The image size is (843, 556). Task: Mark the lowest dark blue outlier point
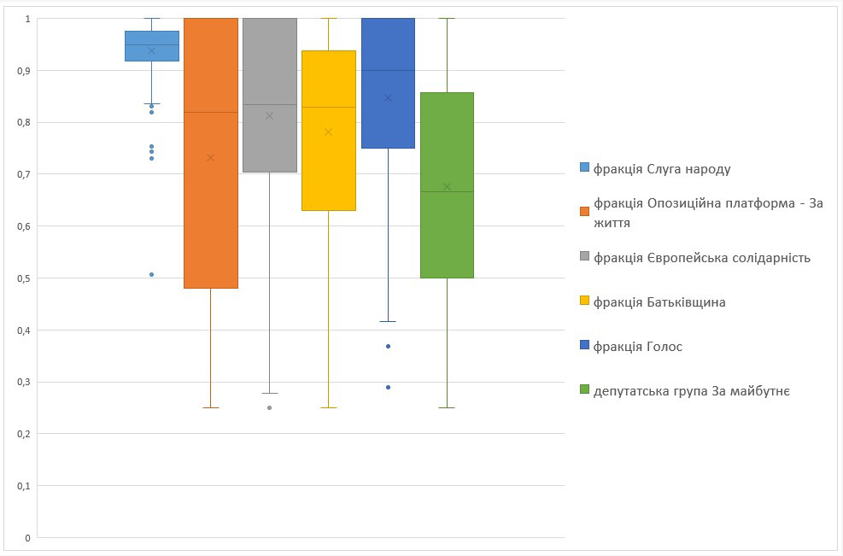coord(388,387)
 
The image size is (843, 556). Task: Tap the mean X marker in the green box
coord(447,187)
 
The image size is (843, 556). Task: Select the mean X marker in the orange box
coord(211,157)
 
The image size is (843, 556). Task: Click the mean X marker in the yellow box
coord(329,132)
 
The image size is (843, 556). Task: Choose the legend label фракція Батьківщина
coord(659,302)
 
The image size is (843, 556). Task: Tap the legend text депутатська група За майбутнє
coord(692,391)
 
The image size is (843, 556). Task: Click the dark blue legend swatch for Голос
coord(584,347)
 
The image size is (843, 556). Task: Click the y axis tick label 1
coord(27,19)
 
